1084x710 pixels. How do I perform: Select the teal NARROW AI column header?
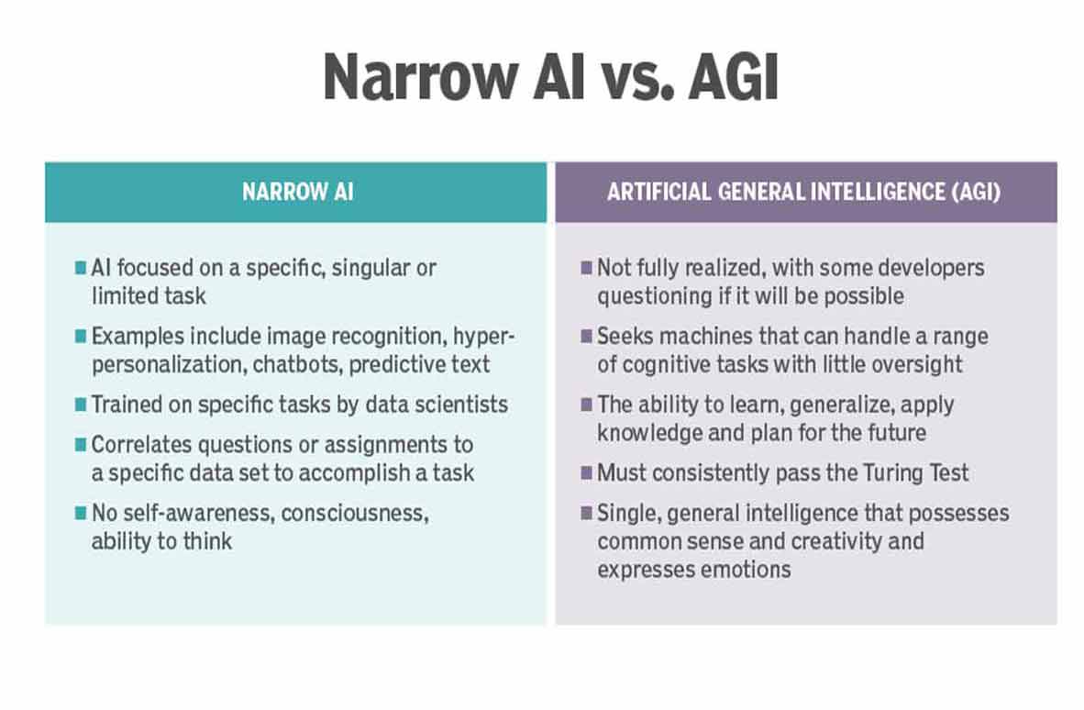[295, 193]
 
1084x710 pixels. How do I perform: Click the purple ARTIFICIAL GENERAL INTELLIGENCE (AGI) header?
[805, 193]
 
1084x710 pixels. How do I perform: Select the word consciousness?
[354, 514]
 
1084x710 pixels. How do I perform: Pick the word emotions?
[745, 569]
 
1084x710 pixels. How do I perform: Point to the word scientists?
[456, 404]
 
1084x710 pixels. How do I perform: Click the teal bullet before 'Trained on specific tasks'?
[80, 405]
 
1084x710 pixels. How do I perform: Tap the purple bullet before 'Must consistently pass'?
[586, 474]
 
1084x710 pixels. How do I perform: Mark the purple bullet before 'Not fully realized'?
[586, 269]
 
